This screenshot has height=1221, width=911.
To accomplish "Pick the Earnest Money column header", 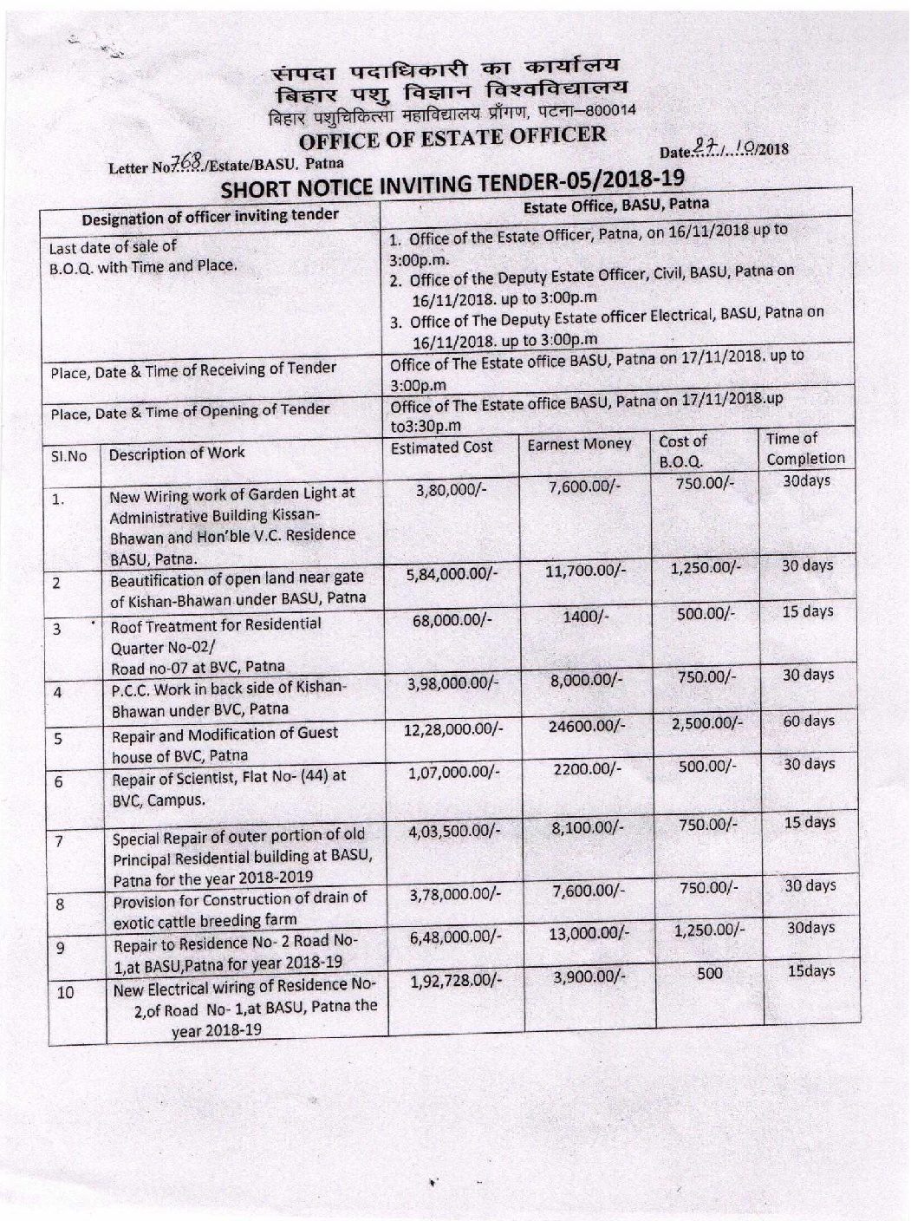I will click(579, 445).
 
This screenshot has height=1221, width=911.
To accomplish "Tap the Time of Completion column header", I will click(804, 448).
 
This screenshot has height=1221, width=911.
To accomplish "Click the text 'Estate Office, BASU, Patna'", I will click(616, 206).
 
